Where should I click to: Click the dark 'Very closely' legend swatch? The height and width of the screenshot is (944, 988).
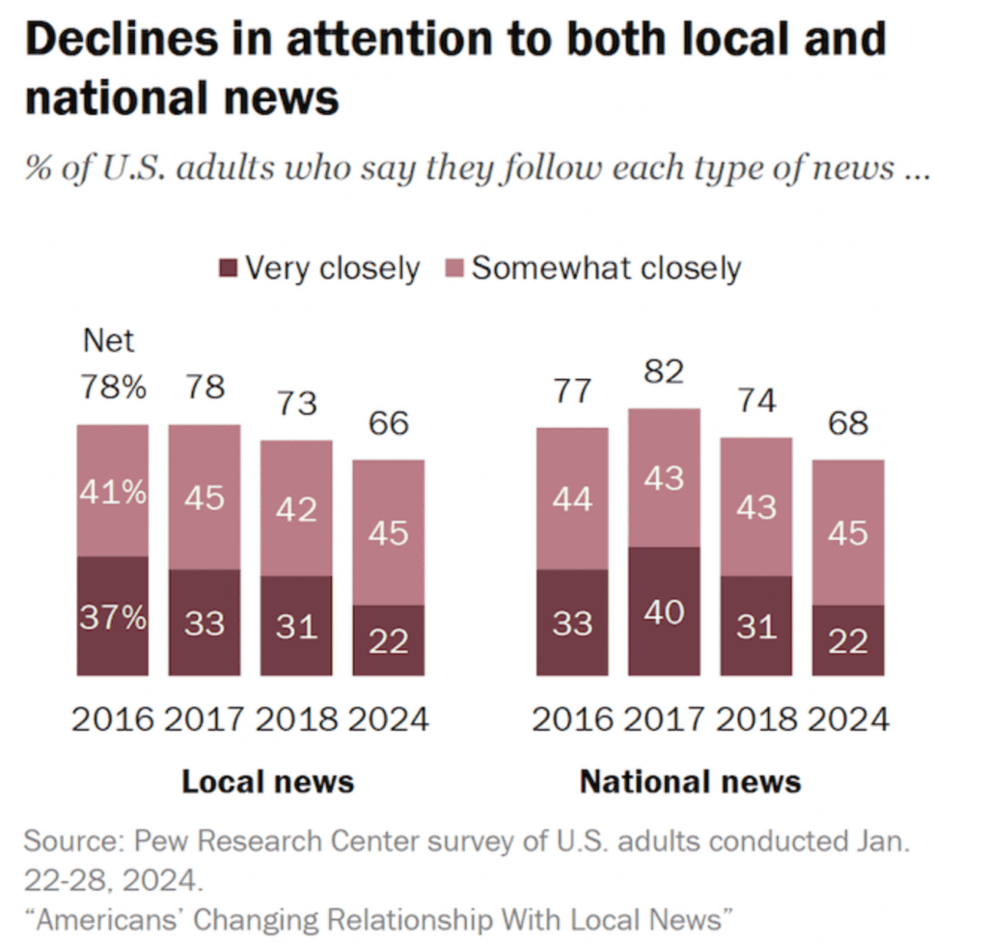(228, 268)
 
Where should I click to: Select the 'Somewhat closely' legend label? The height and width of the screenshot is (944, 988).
(605, 268)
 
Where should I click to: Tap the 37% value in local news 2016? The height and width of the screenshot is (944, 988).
(113, 616)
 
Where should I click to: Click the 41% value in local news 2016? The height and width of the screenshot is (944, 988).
(113, 493)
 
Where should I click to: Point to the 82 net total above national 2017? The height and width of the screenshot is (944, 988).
(664, 372)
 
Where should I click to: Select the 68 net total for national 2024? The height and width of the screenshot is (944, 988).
(848, 423)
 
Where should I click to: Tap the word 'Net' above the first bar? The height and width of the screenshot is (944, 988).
(109, 340)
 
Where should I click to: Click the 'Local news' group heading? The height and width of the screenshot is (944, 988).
(268, 781)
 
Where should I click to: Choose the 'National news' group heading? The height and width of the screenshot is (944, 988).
(690, 781)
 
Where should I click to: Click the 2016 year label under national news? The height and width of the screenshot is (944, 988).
(573, 720)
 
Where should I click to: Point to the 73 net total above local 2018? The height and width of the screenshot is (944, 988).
(296, 403)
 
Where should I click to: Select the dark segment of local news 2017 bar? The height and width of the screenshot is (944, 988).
(205, 622)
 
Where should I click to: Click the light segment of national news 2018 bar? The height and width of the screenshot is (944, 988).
(756, 507)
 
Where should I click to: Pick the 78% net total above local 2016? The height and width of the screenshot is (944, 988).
(113, 388)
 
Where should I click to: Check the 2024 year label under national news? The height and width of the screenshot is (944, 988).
(848, 720)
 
